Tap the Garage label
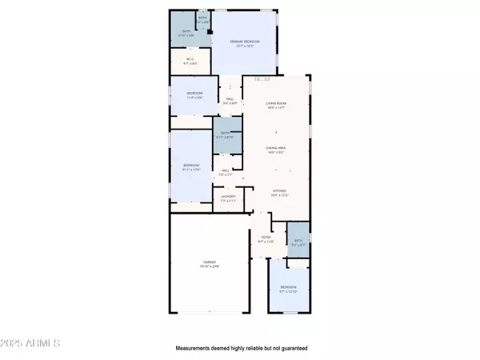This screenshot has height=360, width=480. [210, 265]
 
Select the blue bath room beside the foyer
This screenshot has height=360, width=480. [298, 245]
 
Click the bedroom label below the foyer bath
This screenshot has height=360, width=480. [288, 289]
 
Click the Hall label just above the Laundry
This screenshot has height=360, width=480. [226, 172]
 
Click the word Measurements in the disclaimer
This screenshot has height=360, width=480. [195, 348]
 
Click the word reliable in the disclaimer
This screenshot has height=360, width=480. [250, 348]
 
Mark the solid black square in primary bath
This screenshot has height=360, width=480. [210, 31]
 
